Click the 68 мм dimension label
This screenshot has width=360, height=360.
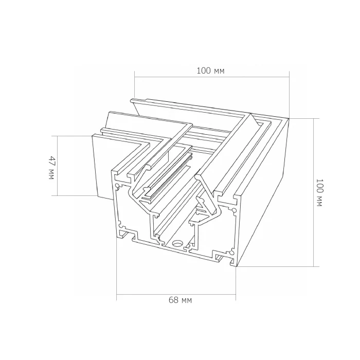point(180,300)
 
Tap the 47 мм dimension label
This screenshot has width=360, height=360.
point(52,168)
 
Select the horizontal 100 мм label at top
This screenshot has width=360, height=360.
point(210,71)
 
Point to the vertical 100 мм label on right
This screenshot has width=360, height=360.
point(319,193)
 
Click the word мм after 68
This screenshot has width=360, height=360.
point(186,301)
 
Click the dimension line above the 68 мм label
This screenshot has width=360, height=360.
point(176,294)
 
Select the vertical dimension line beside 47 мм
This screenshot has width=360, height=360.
point(58,166)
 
